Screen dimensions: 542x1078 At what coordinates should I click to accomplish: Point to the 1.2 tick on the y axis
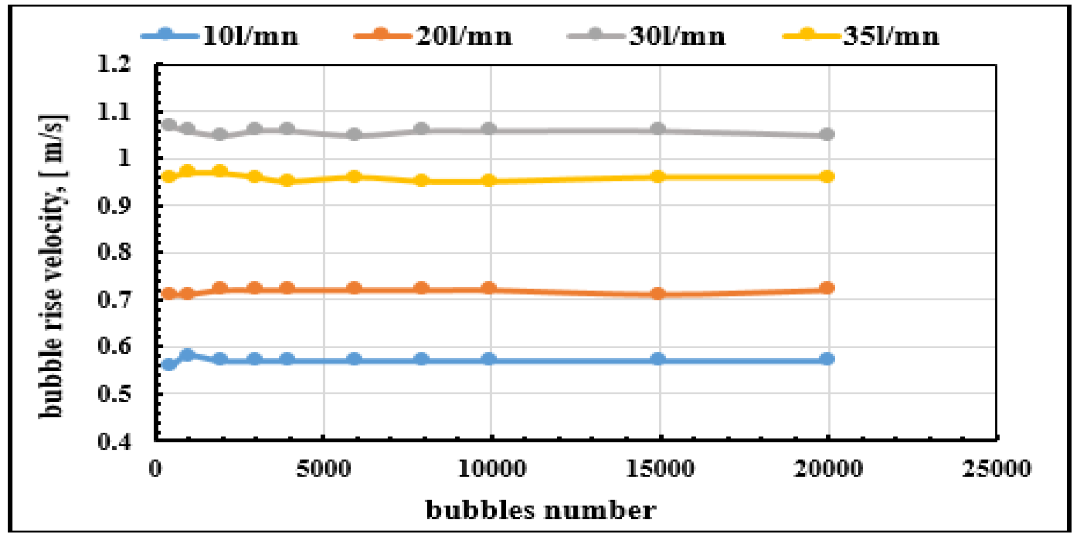point(114,64)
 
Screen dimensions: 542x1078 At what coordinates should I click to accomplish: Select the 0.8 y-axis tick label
point(114,252)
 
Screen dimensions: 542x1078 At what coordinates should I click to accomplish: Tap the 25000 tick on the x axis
point(996,468)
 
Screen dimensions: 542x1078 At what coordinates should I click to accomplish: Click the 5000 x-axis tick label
point(323,468)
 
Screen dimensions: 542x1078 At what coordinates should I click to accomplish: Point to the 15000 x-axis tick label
point(660,468)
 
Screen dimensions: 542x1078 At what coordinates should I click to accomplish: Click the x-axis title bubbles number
point(541,510)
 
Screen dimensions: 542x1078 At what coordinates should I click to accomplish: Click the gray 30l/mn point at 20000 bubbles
point(827,134)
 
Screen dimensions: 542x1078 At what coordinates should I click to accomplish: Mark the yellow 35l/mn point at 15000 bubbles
point(658,176)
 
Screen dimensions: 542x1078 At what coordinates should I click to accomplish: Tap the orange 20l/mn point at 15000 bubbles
point(658,294)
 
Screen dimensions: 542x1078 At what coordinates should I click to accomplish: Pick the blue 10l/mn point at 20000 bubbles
point(827,359)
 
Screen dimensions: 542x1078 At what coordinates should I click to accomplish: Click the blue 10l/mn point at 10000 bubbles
point(489,359)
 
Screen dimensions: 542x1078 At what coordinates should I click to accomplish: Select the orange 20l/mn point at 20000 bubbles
point(827,288)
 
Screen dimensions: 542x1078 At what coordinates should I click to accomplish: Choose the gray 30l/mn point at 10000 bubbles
point(489,129)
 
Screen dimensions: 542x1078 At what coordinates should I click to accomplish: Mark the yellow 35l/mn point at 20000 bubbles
point(827,176)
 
